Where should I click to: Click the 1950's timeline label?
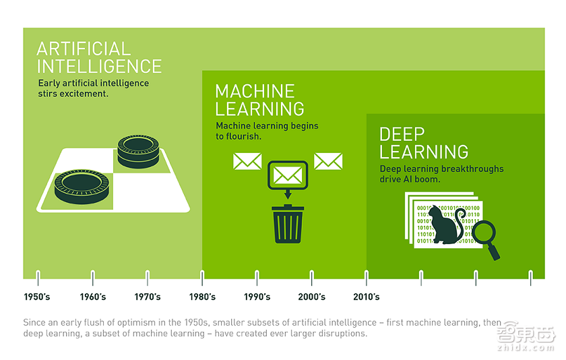click(37, 297)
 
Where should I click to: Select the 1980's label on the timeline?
click(202, 297)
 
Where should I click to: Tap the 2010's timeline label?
click(367, 297)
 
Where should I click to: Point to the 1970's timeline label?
click(148, 297)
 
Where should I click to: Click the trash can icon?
click(288, 224)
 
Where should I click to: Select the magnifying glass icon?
click(486, 239)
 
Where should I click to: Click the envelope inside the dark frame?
click(288, 175)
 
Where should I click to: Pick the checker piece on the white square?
click(82, 187)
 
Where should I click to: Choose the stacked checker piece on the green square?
click(138, 152)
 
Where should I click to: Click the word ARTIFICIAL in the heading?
click(84, 49)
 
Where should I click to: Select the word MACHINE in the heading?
click(255, 92)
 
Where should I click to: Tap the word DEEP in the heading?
click(402, 134)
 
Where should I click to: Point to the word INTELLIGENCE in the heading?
click(99, 67)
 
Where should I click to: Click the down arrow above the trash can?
click(288, 194)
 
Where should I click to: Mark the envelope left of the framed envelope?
click(247, 161)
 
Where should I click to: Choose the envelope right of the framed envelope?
click(328, 161)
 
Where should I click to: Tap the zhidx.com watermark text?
click(526, 348)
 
